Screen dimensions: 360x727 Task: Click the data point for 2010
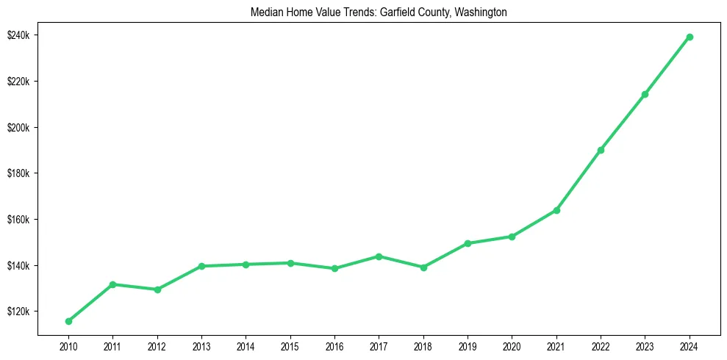68,321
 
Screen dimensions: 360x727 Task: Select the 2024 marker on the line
690,37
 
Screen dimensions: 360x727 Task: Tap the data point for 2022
601,150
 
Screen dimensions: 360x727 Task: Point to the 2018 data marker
423,267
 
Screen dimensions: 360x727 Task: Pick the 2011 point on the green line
112,284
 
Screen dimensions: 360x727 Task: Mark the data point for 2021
556,210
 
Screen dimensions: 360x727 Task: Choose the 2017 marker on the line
379,256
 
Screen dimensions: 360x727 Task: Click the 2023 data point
645,94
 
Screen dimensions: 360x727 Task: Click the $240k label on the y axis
18,35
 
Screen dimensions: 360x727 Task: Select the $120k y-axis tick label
18,312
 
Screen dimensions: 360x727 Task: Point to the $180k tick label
18,173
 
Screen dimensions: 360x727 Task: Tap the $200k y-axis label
18,127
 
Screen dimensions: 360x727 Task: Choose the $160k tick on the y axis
18,220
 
